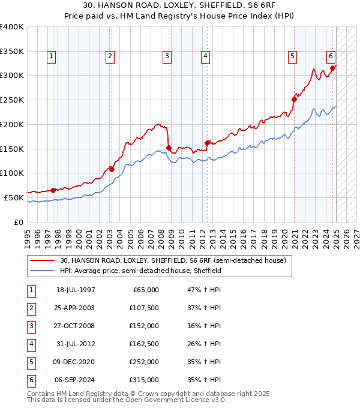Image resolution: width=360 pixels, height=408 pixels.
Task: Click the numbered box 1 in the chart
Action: [51, 57]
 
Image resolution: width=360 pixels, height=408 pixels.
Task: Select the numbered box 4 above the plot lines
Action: [205, 57]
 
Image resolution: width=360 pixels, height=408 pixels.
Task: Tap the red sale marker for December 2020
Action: [295, 99]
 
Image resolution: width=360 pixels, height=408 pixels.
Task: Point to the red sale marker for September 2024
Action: [332, 68]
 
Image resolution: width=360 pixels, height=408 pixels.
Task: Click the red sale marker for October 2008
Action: [169, 148]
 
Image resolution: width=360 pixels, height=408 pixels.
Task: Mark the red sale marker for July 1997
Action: [53, 190]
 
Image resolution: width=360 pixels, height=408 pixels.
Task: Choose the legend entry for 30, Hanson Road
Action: [175, 260]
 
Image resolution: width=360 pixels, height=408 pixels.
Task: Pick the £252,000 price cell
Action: [144, 362]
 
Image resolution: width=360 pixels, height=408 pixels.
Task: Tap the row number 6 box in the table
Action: [31, 380]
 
